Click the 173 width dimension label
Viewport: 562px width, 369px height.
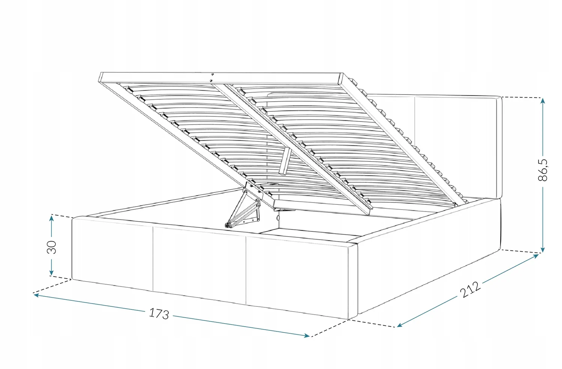pos(159,313)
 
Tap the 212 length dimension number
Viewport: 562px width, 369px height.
pos(470,289)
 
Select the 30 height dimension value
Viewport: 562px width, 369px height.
pos(52,247)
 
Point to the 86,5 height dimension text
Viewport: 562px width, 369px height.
pos(543,170)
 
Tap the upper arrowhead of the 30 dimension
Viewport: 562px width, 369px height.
pos(51,218)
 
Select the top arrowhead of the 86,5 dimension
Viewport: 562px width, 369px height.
pos(543,101)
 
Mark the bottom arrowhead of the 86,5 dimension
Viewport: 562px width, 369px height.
pos(543,249)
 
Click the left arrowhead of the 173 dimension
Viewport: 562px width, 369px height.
pos(37,295)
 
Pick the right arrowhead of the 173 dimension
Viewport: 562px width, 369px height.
pos(306,336)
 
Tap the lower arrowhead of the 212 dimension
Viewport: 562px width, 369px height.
pos(400,325)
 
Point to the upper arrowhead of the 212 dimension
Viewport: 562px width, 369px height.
pos(536,256)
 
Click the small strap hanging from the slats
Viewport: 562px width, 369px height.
pos(285,161)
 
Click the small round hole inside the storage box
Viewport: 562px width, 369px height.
pos(278,218)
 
